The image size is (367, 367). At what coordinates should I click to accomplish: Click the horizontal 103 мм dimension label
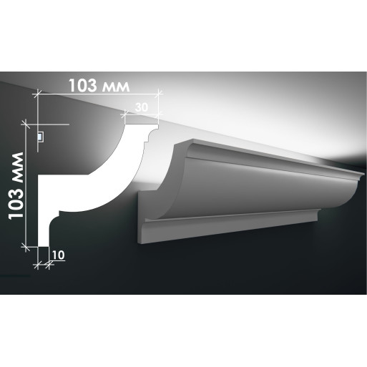coord(99,85)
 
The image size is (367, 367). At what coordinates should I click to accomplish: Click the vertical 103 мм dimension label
coord(16,186)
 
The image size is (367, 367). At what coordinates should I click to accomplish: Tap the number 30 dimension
coord(142,107)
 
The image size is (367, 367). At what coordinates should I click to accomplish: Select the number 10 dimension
coord(58,255)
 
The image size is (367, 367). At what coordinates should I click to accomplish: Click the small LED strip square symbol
coord(41,137)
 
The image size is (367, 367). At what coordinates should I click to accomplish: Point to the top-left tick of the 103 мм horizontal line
coord(37,94)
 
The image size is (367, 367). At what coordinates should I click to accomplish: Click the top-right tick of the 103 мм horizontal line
coord(159,94)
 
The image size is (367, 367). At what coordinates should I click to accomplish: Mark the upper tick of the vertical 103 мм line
coord(26,124)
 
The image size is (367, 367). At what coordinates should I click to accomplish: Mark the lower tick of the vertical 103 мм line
coord(26,247)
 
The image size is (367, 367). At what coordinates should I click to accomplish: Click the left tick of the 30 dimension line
coord(124,114)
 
